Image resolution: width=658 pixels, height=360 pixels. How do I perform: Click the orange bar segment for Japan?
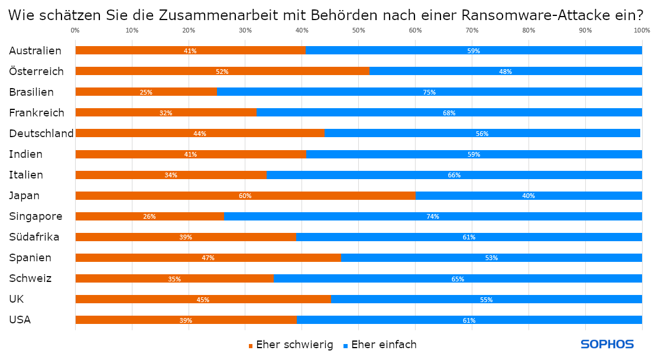(x=177, y=196)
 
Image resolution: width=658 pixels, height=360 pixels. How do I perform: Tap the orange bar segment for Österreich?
(x=148, y=71)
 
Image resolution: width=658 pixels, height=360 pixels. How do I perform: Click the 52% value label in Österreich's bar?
(x=222, y=72)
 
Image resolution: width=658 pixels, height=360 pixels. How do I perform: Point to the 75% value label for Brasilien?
(x=429, y=92)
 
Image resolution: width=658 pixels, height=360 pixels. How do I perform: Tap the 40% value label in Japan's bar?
(x=529, y=196)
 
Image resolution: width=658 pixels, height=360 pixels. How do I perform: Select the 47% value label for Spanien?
(x=208, y=258)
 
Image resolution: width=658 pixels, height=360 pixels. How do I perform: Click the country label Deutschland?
(x=41, y=133)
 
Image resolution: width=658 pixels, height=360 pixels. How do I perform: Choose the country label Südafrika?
(x=34, y=237)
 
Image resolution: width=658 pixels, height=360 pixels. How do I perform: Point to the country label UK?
(x=16, y=299)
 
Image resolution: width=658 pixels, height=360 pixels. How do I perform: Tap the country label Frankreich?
(x=37, y=112)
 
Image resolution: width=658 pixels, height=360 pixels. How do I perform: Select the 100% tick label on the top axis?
(x=641, y=30)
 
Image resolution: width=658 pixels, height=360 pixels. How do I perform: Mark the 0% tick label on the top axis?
(x=75, y=30)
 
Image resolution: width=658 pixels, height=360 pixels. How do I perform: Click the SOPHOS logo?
(x=607, y=344)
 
